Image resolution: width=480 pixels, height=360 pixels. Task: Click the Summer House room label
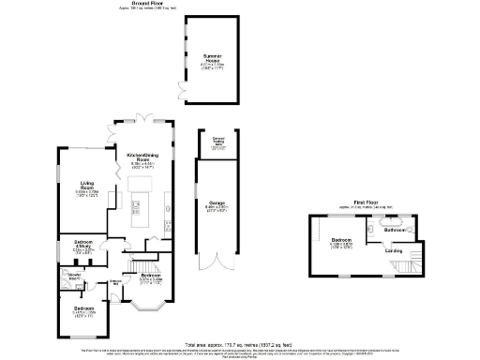pyautogui.click(x=213, y=62)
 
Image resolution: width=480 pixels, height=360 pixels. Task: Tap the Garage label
pyautogui.click(x=215, y=204)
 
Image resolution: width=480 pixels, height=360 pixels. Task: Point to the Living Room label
pyautogui.click(x=88, y=187)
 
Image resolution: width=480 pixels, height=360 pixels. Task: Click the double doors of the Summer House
pyautogui.click(x=183, y=91)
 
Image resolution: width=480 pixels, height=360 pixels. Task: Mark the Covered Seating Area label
pyautogui.click(x=217, y=142)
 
